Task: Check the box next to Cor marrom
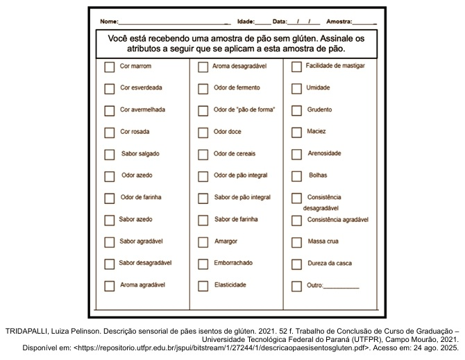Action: point(109,67)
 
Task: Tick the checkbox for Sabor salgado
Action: point(109,154)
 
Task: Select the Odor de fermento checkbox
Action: point(203,89)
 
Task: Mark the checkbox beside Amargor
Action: point(203,242)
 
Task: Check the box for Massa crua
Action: point(296,242)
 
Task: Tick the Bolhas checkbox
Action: point(296,176)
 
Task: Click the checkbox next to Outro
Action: point(296,286)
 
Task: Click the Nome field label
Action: point(109,22)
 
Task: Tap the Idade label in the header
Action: point(246,22)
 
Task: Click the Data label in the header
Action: point(280,22)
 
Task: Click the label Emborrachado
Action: point(233,263)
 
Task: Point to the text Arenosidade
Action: point(324,153)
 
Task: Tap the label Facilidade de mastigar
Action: point(335,66)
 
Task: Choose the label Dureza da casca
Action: point(330,263)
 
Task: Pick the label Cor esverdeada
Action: point(141,88)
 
